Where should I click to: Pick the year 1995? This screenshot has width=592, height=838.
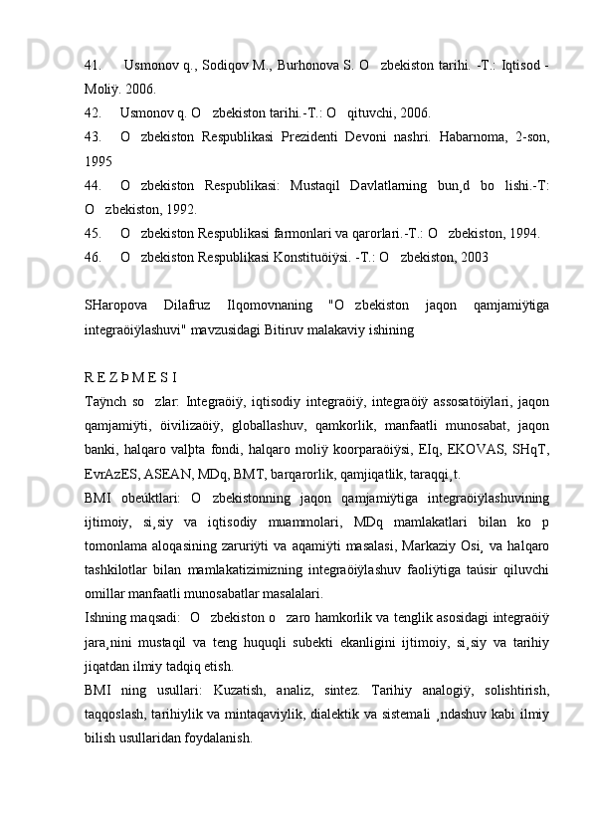tap(98, 160)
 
